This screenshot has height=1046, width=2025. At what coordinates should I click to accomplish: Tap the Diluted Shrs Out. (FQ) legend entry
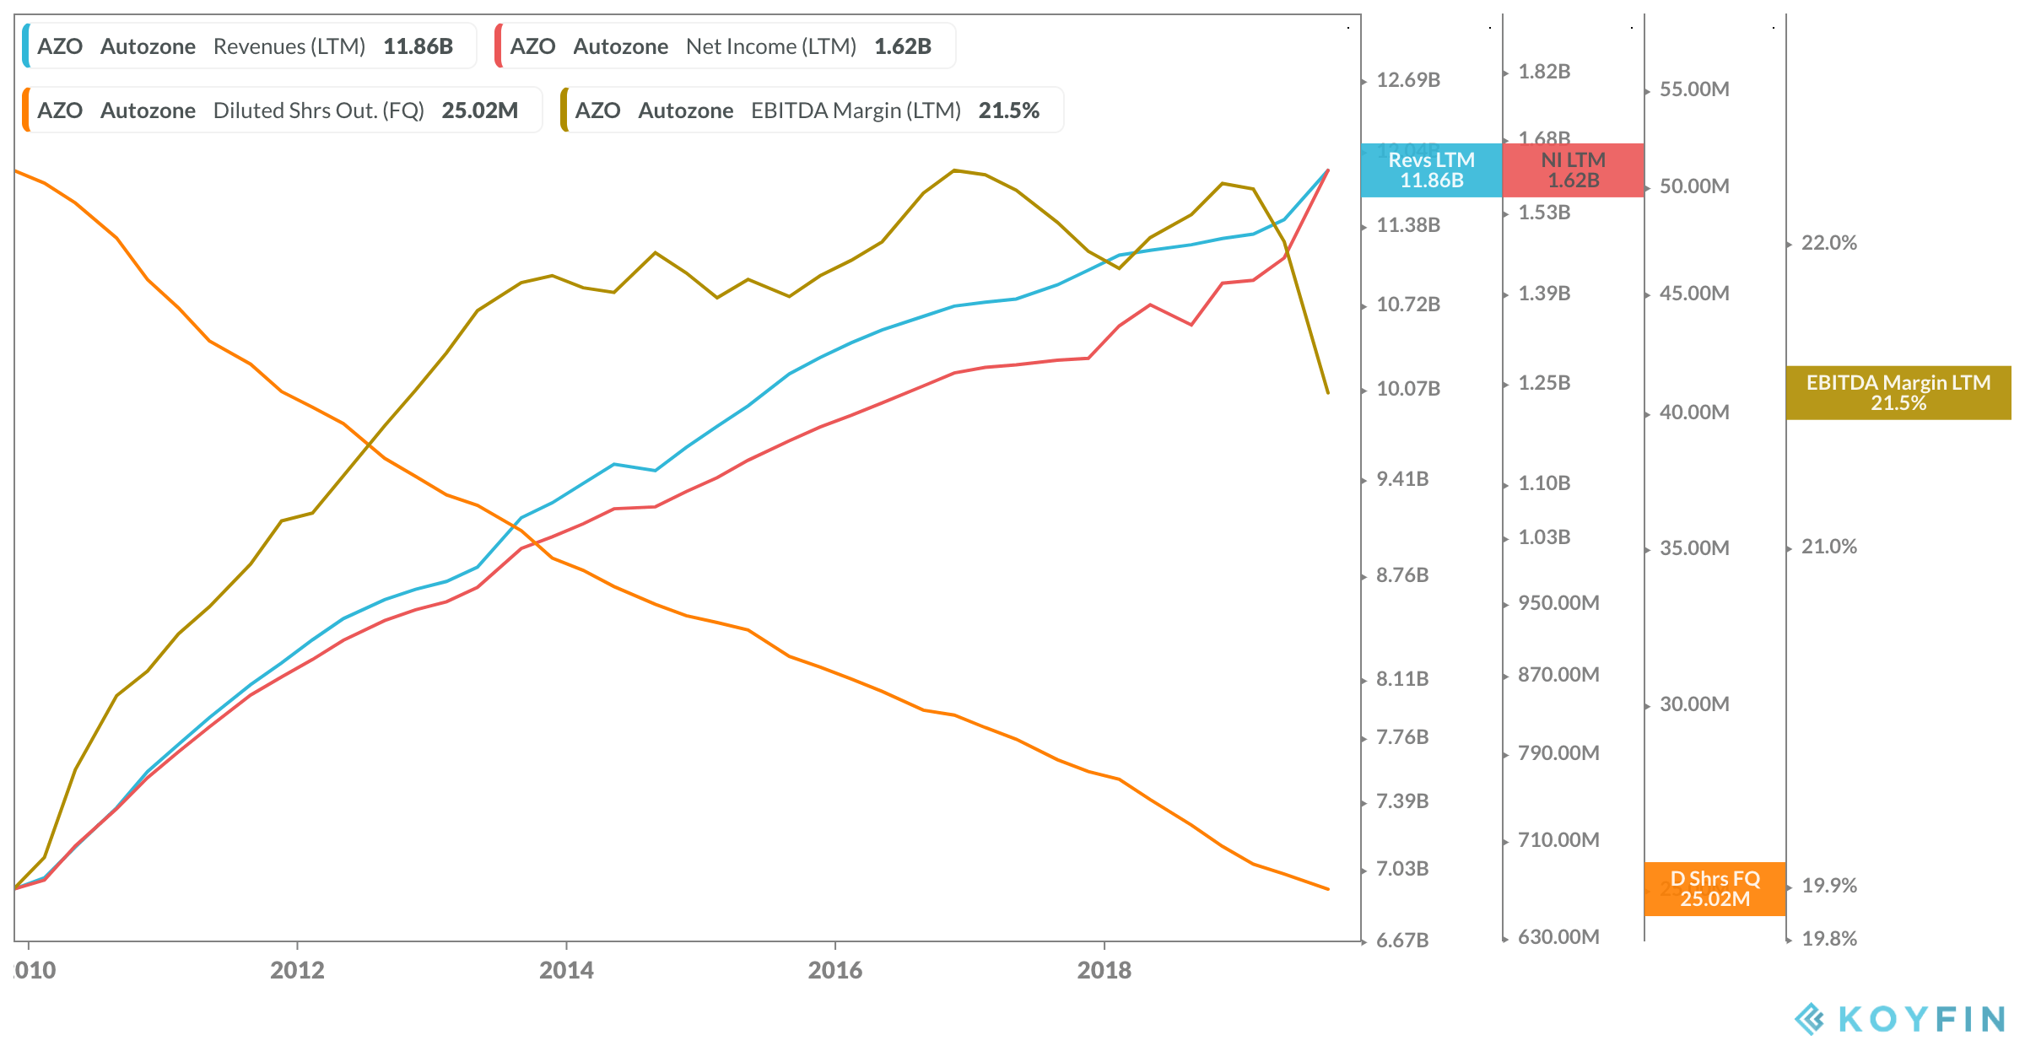(x=281, y=111)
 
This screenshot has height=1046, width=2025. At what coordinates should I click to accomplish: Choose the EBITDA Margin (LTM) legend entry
(x=811, y=111)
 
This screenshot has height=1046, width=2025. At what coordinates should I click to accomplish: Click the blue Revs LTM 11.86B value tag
(x=1431, y=170)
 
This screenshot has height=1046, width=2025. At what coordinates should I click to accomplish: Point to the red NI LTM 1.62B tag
(x=1573, y=170)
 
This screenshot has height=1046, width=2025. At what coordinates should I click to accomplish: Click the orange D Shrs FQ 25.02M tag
(x=1714, y=889)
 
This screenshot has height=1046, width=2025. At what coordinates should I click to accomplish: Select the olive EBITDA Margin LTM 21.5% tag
(x=1898, y=393)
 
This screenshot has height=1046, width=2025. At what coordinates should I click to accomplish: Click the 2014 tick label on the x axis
(x=566, y=970)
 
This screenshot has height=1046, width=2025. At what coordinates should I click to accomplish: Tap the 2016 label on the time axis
(x=834, y=970)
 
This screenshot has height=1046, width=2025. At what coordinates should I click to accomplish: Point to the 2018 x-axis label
(x=1104, y=970)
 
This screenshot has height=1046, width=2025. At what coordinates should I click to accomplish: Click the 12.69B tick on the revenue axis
(x=1407, y=80)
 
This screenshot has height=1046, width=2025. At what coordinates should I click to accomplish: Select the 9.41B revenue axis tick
(x=1402, y=479)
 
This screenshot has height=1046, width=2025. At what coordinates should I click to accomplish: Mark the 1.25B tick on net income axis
(x=1544, y=383)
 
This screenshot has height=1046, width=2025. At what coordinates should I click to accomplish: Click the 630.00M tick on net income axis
(x=1558, y=937)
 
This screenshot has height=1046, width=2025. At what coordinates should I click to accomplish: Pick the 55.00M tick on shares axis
(x=1693, y=89)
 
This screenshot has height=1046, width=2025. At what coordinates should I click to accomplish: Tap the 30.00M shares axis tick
(x=1693, y=704)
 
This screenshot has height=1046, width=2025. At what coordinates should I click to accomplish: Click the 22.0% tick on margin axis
(x=1828, y=243)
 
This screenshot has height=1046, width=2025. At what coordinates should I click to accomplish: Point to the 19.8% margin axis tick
(x=1828, y=939)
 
